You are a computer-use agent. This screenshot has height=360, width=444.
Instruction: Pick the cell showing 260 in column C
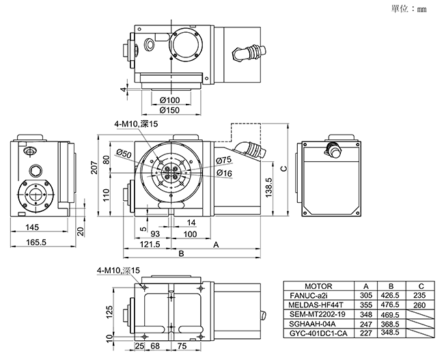[x=420, y=305]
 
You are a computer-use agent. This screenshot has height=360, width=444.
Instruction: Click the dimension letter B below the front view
[x=182, y=253]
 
